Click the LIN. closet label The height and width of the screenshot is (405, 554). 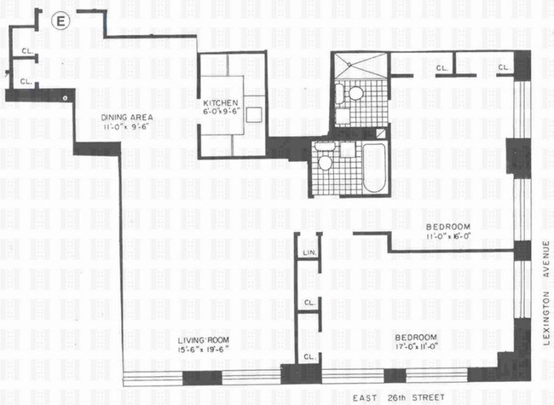[309, 253]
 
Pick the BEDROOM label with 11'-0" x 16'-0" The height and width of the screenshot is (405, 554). [448, 226]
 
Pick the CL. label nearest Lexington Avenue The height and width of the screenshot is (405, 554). [503, 67]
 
